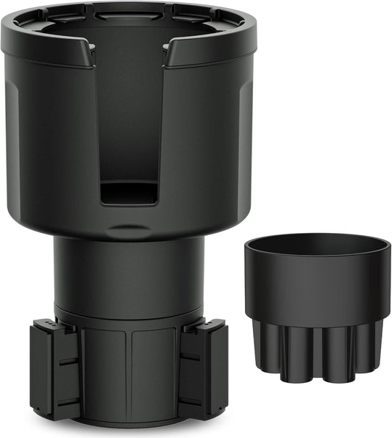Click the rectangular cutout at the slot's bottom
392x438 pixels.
[129, 193]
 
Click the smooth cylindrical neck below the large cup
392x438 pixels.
[129, 272]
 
